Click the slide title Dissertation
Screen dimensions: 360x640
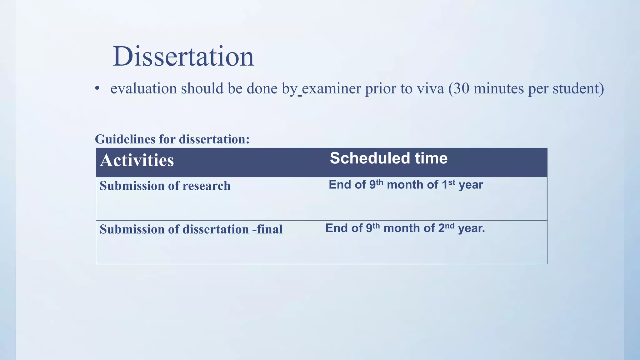click(183, 57)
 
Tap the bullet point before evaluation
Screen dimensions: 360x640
click(97, 88)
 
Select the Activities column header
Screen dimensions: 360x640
click(137, 160)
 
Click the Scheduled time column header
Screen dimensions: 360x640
click(388, 158)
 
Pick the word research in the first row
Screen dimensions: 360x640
click(206, 186)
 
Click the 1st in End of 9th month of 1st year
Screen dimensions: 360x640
click(448, 184)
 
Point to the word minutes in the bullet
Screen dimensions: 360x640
click(499, 89)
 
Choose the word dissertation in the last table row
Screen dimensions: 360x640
click(215, 229)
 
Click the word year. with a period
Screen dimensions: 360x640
click(471, 228)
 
